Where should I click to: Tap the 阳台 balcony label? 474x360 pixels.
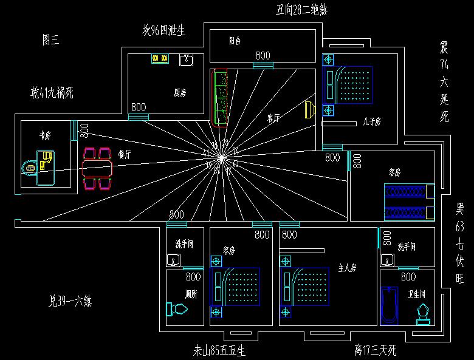point(235,42)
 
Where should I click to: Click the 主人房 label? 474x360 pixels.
point(346,267)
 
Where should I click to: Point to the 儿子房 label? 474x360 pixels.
point(370,122)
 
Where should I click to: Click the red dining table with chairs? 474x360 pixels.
point(98,167)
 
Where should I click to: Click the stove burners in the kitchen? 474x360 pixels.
point(160,58)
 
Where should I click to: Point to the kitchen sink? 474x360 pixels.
point(186,59)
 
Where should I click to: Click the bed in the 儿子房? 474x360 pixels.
point(349,85)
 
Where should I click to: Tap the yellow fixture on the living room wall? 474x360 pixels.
point(309,110)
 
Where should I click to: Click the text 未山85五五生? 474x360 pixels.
point(219,350)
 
